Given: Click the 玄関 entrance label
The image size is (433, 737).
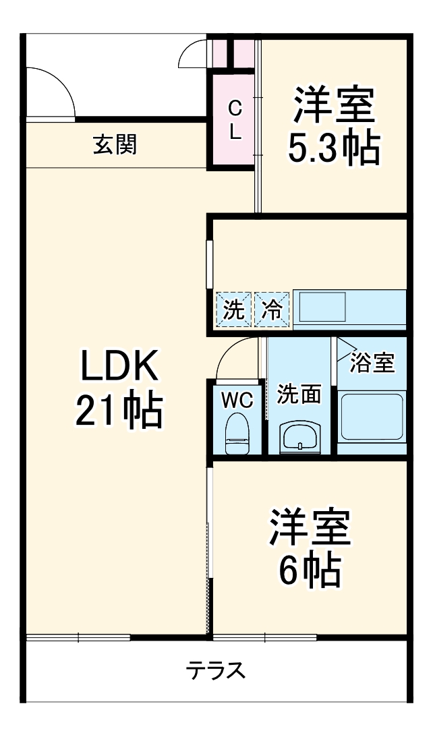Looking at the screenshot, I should coord(115,144).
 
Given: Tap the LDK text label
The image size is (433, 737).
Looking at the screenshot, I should coord(119,367).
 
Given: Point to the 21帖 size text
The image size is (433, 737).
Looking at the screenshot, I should coord(119,411).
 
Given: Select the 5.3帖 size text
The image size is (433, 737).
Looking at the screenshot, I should coord(333,148).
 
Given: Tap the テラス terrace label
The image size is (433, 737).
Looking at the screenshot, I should coord(216,670).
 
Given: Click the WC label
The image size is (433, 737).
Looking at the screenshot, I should coord(237,400).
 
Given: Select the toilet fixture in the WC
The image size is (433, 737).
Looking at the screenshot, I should coord(237,433).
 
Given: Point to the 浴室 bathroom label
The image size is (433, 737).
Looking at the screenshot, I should coord(372,363).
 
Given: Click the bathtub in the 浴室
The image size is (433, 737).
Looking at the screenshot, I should coord(372,418).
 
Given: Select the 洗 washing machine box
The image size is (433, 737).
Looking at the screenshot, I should coord(233,310).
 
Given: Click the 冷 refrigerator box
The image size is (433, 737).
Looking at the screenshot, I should coord(272,310).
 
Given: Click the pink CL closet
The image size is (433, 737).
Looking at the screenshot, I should coord(233,119).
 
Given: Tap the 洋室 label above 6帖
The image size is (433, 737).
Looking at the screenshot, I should coord(310,528).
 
